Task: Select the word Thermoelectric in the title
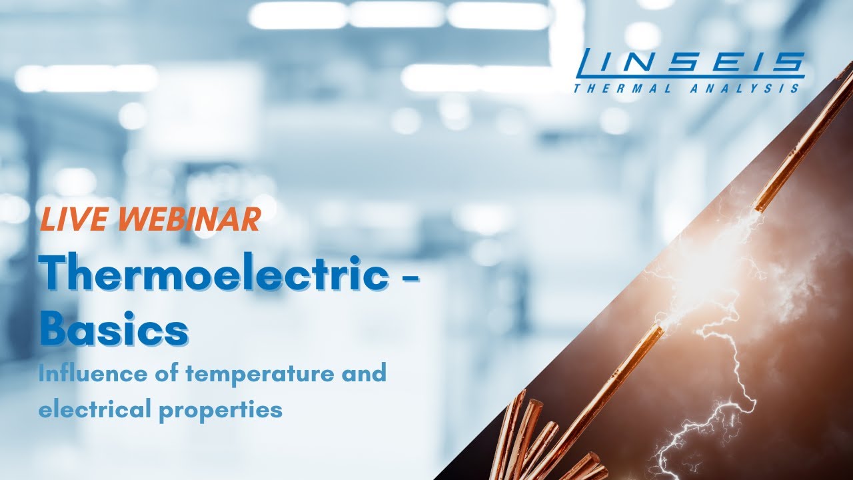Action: point(213,275)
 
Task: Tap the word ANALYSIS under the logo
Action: point(746,87)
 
